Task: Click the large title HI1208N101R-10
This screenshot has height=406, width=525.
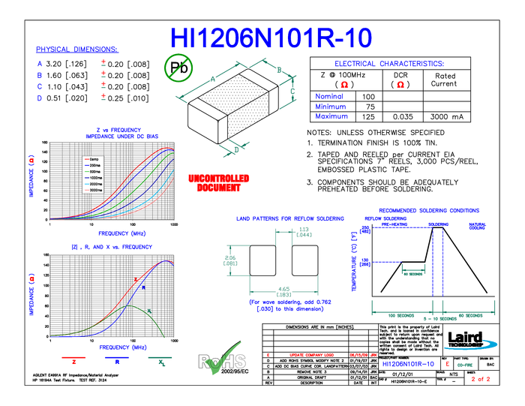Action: (x=271, y=39)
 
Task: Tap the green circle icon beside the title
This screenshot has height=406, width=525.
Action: (x=178, y=68)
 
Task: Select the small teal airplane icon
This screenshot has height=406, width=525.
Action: (x=235, y=148)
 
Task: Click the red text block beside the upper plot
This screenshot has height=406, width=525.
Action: (x=218, y=182)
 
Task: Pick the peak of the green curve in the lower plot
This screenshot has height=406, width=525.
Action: (x=128, y=306)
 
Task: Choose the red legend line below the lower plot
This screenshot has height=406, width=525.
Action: (x=74, y=357)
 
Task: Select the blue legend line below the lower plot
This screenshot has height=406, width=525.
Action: (x=117, y=357)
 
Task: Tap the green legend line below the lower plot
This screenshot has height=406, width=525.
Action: (x=160, y=357)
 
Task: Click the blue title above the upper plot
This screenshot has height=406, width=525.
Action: (x=121, y=133)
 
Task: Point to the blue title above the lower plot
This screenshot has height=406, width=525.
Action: (x=112, y=246)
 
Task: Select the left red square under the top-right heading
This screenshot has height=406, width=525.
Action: (x=343, y=84)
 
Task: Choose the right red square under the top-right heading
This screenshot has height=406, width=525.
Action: (x=400, y=84)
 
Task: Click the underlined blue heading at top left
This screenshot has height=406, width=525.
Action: (x=76, y=50)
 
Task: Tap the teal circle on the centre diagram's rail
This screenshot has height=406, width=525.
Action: (x=283, y=290)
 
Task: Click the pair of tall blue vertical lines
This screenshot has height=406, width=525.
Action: (x=437, y=270)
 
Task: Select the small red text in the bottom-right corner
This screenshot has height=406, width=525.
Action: (x=480, y=379)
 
